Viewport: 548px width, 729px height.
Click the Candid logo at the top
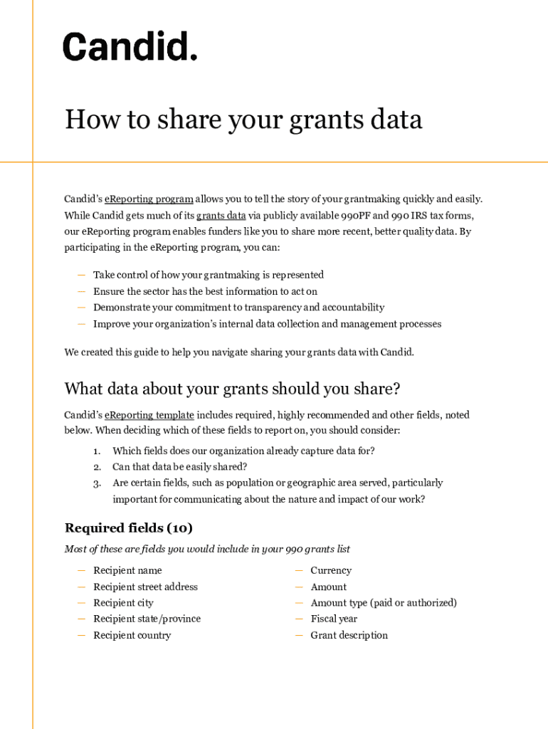[x=130, y=46]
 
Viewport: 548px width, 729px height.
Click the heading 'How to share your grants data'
[x=243, y=120]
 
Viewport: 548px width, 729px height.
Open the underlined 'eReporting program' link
[x=149, y=199]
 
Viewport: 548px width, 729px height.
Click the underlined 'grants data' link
[x=221, y=216]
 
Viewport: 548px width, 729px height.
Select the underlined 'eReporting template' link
[x=149, y=415]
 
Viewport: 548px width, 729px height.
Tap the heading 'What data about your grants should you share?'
[x=232, y=389]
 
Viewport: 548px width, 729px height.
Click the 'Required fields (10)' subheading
[x=128, y=528]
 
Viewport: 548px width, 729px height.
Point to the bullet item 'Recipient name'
[x=127, y=570]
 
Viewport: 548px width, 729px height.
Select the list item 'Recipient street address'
[x=145, y=587]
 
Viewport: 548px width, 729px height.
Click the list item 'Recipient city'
[x=123, y=603]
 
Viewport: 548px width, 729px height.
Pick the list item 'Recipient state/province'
[x=147, y=619]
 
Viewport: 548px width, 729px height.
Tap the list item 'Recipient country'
[x=132, y=635]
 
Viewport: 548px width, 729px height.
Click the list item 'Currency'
[x=331, y=570]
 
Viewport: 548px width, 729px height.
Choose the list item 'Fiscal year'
[x=334, y=619]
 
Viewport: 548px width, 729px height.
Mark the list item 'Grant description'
[x=349, y=635]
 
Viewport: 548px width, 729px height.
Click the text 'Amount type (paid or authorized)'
[x=384, y=603]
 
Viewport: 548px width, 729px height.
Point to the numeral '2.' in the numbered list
[x=97, y=467]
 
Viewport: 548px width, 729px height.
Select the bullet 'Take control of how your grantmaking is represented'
[x=209, y=275]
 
